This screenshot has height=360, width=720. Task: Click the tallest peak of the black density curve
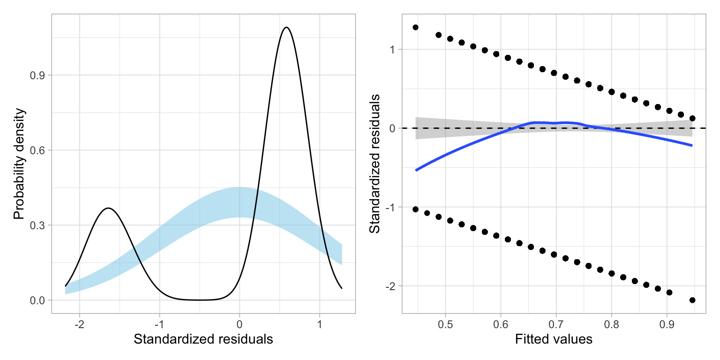click(286, 27)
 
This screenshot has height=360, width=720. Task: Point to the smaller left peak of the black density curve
click(108, 208)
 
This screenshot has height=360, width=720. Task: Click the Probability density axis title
click(18, 164)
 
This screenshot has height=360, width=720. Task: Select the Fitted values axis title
click(554, 339)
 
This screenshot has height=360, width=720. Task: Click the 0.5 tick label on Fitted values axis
click(445, 323)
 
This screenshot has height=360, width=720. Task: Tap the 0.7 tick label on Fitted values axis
click(556, 323)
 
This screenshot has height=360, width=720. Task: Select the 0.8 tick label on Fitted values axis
click(611, 323)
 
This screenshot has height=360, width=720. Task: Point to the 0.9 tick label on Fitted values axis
click(667, 323)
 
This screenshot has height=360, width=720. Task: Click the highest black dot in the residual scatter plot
click(415, 27)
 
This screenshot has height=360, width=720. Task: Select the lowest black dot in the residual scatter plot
click(692, 300)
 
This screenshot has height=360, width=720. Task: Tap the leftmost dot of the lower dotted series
click(415, 209)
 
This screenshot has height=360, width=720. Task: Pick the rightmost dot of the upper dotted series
click(692, 118)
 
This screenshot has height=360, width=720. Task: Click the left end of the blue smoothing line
click(416, 170)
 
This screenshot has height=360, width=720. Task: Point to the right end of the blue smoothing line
click(692, 145)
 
